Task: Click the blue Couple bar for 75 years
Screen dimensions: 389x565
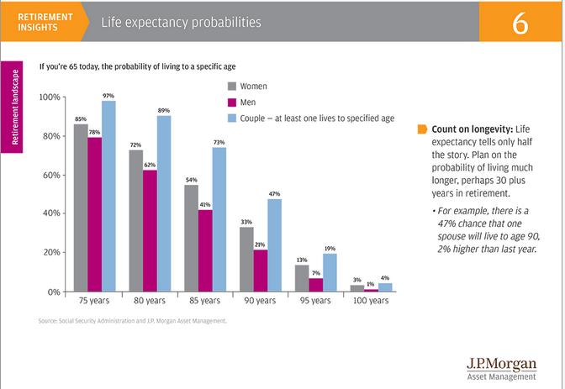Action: point(108,196)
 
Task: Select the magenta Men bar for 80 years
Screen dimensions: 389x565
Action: point(150,231)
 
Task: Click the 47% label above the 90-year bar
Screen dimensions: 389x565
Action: point(273,193)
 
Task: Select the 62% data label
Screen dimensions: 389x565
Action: point(150,166)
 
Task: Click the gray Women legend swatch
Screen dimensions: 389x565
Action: point(232,86)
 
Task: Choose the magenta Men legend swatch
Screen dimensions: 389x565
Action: point(232,102)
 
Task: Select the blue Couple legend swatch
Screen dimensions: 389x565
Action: point(232,118)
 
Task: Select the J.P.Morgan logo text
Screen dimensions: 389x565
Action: point(500,363)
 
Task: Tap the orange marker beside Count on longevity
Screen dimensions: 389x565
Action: point(422,130)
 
